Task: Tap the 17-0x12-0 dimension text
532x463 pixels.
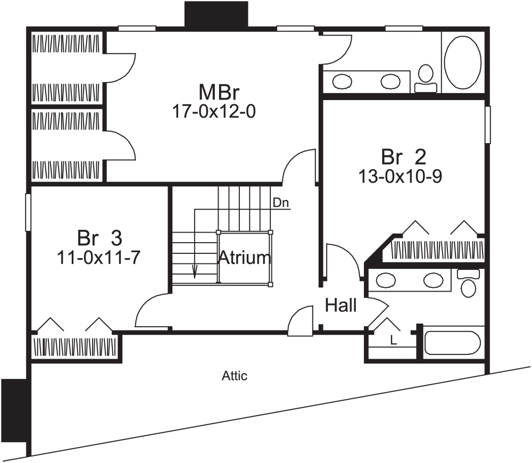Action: pyautogui.click(x=211, y=111)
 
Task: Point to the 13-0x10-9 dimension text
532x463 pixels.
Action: pyautogui.click(x=400, y=176)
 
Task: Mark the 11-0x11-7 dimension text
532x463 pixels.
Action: pyautogui.click(x=98, y=257)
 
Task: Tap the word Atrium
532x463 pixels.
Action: pyautogui.click(x=244, y=258)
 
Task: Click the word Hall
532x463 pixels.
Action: pyautogui.click(x=340, y=306)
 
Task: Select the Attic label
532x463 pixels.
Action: pyautogui.click(x=235, y=376)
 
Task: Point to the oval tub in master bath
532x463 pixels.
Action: pyautogui.click(x=462, y=62)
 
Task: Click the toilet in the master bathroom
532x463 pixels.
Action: pyautogui.click(x=425, y=79)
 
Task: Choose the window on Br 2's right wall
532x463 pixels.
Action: pyautogui.click(x=487, y=124)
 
